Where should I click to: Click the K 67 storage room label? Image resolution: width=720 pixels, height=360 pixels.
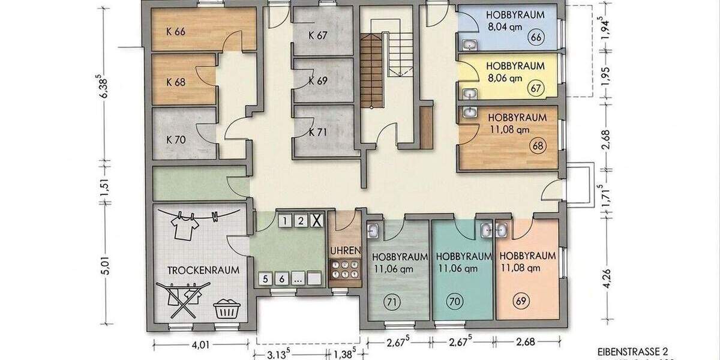click(x=318, y=35)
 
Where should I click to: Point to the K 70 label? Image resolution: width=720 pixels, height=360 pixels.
click(x=176, y=139)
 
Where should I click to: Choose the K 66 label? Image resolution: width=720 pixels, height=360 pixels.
click(x=176, y=32)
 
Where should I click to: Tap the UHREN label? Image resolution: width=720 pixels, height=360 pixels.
click(x=345, y=250)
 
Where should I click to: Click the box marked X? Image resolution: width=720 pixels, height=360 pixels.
click(x=317, y=221)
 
